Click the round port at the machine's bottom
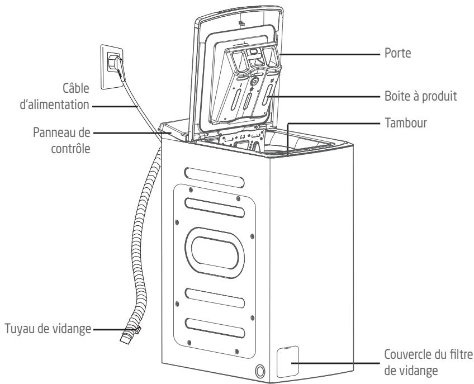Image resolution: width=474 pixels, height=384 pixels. (x=260, y=371)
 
